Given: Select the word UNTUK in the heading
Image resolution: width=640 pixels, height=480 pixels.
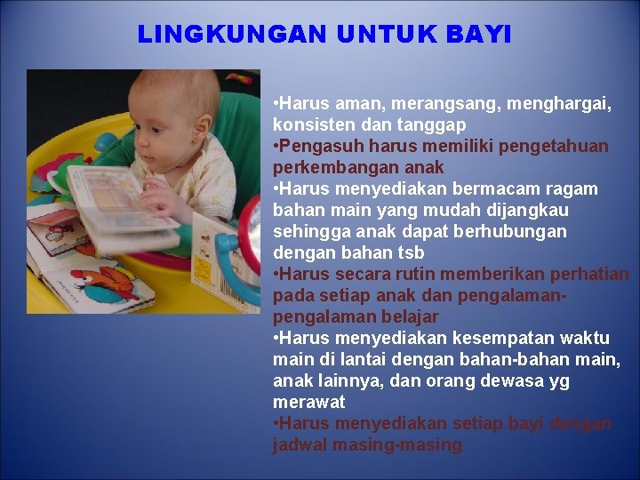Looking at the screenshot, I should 388,35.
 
